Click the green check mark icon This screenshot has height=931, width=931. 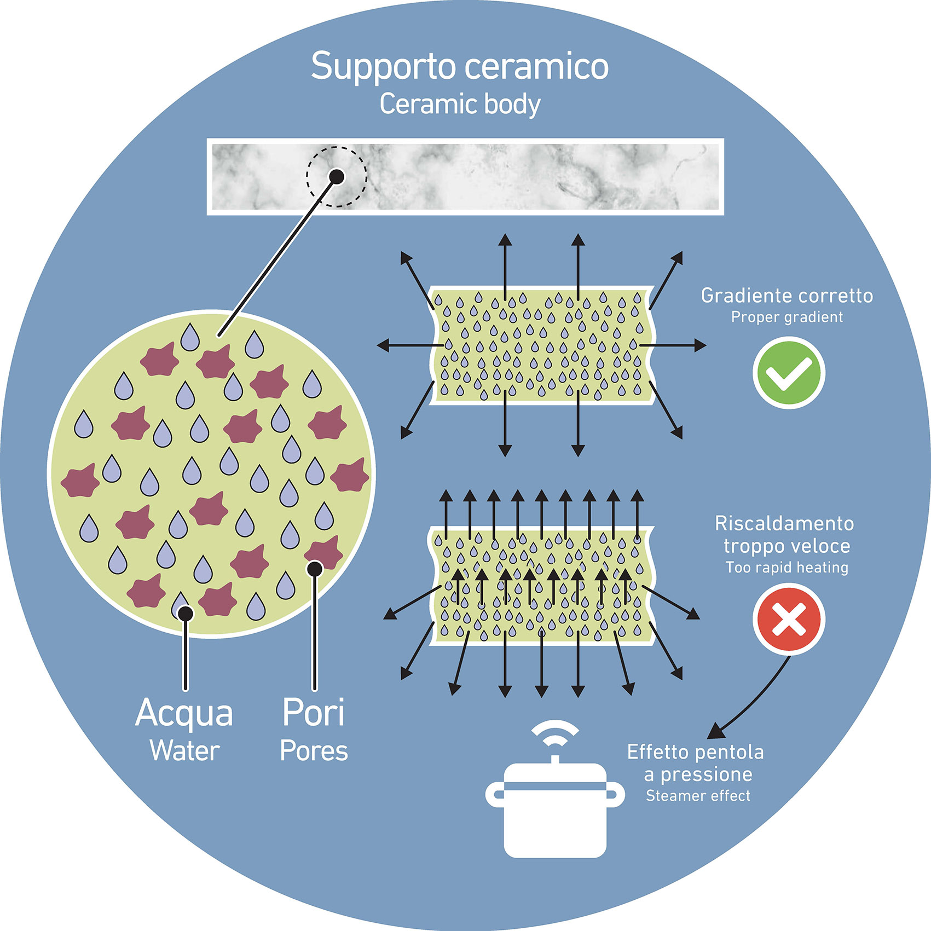pos(788,374)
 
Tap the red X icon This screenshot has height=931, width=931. pos(788,619)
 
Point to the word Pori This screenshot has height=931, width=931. pos(314,712)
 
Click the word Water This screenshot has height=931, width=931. pos(185,751)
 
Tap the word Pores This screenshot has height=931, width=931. pos(314,751)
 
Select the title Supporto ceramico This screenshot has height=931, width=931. pos(460,67)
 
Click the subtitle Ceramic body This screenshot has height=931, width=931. pos(460,104)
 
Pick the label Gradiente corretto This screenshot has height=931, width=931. pos(787,296)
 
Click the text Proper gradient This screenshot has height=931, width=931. pos(787,317)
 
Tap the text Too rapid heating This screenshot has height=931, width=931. pos(787,568)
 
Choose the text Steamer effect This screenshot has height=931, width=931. pos(698,796)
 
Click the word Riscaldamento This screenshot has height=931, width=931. pos(784,524)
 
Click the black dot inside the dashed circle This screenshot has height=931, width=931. pos(337,176)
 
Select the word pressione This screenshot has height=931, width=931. pos(706,774)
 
